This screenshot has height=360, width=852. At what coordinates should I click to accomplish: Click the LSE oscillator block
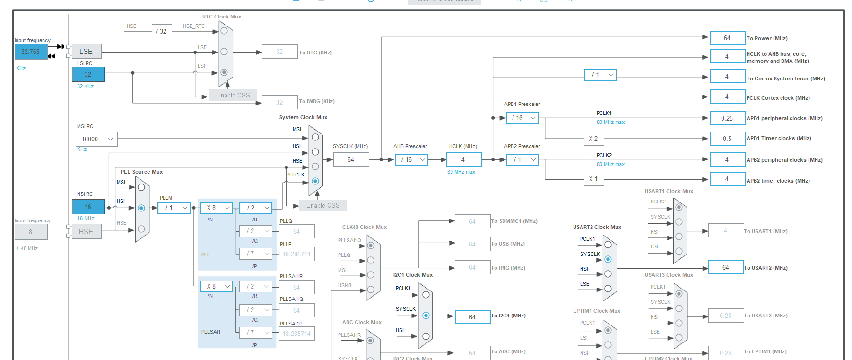tap(86, 52)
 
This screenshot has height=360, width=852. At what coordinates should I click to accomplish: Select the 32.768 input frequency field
tap(31, 52)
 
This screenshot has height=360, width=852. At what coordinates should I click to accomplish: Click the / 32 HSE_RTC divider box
tap(162, 32)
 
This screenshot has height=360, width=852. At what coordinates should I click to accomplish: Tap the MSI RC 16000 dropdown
tap(96, 139)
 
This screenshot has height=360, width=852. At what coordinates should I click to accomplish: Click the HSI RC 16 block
tap(88, 207)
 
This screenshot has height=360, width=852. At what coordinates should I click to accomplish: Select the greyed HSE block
tap(86, 231)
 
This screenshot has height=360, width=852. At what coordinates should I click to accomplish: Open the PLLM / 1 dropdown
tap(174, 208)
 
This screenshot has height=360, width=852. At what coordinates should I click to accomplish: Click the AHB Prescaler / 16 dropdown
tap(411, 160)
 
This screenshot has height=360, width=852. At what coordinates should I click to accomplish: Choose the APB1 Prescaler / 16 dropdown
tap(522, 118)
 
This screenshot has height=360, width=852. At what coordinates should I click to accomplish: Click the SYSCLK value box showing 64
tap(351, 160)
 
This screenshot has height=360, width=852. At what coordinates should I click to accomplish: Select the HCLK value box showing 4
tap(463, 160)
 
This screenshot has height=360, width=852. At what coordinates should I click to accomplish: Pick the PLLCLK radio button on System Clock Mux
tap(315, 181)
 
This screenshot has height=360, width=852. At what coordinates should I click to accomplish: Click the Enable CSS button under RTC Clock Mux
tap(233, 96)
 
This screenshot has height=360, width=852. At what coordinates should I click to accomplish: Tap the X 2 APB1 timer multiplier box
tap(593, 139)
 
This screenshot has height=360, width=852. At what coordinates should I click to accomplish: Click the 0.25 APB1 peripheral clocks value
tap(727, 118)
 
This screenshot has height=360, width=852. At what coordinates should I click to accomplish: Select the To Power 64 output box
tap(727, 38)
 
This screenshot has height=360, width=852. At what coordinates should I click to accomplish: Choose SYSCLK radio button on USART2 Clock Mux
tap(608, 259)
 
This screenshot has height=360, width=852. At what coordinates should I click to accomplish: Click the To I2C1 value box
tap(472, 317)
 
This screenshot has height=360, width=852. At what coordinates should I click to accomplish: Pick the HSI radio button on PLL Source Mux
tap(141, 208)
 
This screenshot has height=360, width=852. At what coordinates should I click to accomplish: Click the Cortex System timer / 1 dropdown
tap(600, 75)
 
